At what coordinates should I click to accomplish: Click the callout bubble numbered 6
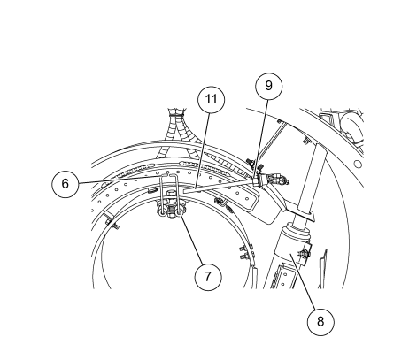66,184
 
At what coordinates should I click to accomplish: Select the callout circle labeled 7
208,277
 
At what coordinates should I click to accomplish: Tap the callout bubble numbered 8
320,322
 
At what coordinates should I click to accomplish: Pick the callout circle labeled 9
269,86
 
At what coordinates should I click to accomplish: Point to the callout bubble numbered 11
211,99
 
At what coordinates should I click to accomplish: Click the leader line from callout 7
191,240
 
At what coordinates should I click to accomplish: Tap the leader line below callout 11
203,150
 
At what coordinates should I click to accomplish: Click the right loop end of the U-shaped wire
180,212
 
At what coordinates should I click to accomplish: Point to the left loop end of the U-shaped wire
163,213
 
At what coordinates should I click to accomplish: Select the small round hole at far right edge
358,164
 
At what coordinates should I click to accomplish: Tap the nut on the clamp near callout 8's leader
304,253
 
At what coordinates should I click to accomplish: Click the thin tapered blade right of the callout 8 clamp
322,269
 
